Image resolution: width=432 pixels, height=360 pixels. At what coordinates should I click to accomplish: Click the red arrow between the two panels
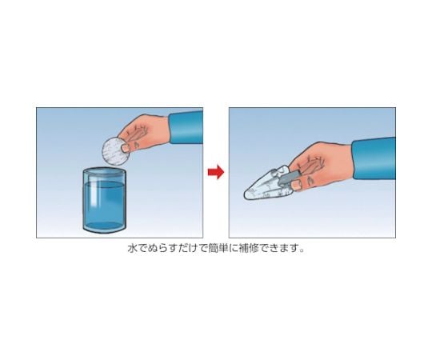tap(216, 172)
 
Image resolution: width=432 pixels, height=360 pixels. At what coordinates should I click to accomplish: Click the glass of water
tap(105, 200)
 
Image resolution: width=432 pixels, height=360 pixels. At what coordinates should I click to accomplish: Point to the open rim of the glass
tap(105, 172)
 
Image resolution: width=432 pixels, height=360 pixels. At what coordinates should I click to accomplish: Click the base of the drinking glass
tap(105, 228)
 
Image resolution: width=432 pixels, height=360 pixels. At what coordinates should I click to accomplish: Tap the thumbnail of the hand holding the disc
tap(126, 148)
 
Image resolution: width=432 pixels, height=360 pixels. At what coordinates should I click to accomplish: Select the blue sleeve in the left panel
tap(186, 126)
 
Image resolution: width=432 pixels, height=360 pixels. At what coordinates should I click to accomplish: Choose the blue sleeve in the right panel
tap(374, 158)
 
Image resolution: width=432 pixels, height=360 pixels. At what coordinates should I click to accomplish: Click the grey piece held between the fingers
tap(288, 178)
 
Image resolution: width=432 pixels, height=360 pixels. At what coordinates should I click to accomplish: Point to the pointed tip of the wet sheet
tap(245, 195)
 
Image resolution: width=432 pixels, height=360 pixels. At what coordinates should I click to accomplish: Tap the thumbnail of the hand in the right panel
tap(297, 185)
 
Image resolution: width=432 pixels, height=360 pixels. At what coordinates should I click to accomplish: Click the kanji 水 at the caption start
tap(132, 249)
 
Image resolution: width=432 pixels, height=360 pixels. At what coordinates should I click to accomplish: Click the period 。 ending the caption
tap(302, 250)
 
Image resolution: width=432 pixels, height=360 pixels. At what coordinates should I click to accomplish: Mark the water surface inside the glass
tap(105, 185)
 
